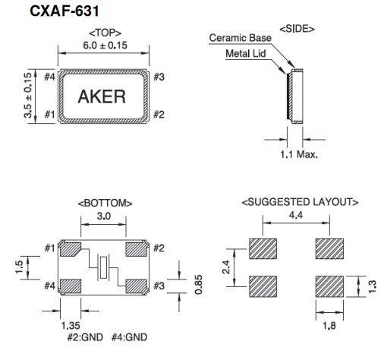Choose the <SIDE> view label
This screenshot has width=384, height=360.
(x=297, y=28)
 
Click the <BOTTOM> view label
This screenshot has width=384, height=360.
(x=105, y=204)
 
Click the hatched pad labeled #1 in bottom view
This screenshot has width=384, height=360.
(x=71, y=248)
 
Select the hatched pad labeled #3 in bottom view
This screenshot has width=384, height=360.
(x=137, y=286)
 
